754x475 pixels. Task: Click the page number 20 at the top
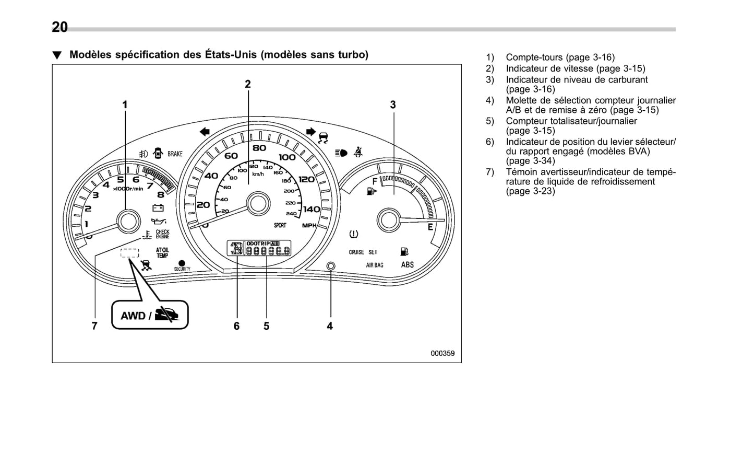point(59,27)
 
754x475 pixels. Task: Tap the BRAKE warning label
point(175,154)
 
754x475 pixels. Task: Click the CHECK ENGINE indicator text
point(162,234)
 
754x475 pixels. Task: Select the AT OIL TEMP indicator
point(162,253)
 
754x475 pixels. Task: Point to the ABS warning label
point(407,265)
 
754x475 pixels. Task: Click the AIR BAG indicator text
point(374,265)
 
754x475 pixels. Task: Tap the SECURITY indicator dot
point(182,263)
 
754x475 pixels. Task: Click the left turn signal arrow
point(205,132)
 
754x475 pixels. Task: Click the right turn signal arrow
point(310,132)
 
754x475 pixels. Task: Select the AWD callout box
point(150,315)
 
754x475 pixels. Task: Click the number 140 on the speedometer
point(312,210)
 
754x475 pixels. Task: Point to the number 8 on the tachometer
point(160,194)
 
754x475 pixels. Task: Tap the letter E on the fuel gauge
point(430,227)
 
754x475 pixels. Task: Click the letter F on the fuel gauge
point(374,181)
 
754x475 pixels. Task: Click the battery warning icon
point(158,208)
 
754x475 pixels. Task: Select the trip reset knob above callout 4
point(330,266)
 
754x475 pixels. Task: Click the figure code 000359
point(442,353)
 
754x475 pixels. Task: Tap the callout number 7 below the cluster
point(94,326)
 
